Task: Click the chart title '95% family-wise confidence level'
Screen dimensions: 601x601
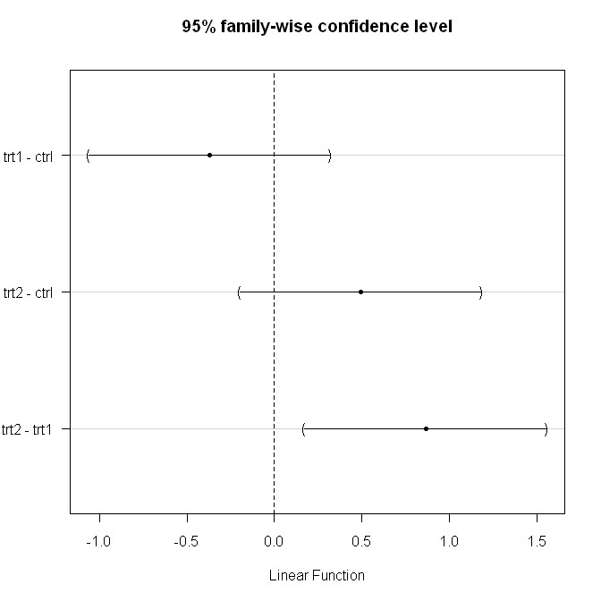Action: [317, 27]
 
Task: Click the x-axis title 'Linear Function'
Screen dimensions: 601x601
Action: [317, 575]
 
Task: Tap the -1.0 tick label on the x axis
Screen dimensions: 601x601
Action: [98, 541]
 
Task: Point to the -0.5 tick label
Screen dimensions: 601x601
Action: [186, 541]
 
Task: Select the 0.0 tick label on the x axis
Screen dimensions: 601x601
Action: [274, 541]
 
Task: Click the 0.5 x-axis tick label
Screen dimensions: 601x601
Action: [361, 541]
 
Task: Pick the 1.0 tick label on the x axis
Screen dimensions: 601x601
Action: [449, 541]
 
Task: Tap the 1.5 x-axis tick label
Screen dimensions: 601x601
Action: [537, 541]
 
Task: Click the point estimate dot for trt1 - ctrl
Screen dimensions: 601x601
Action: [209, 155]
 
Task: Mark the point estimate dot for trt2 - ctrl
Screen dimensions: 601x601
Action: [360, 292]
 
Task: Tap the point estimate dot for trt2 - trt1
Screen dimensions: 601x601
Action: [426, 428]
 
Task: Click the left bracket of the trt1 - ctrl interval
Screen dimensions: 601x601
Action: [89, 155]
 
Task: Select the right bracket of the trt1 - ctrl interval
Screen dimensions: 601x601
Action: [330, 155]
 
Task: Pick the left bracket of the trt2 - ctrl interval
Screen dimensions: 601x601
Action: [240, 292]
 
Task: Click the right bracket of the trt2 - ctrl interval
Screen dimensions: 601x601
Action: [481, 292]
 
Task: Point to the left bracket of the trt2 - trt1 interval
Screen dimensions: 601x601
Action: [304, 428]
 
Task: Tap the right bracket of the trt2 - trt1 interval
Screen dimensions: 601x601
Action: [546, 428]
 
